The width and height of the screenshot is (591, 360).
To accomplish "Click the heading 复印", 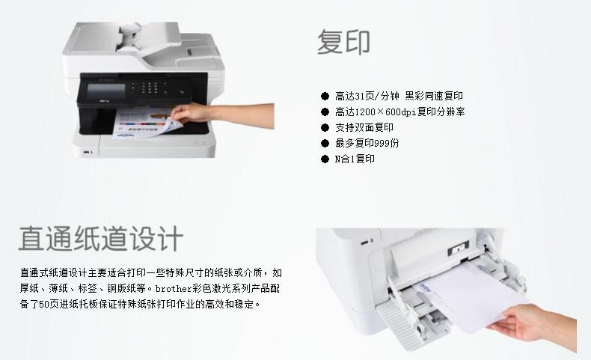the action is pyautogui.click(x=343, y=42).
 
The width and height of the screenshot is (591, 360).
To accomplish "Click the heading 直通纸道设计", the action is pyautogui.click(x=101, y=238).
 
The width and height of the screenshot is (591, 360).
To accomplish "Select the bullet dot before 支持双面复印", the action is pyautogui.click(x=325, y=127).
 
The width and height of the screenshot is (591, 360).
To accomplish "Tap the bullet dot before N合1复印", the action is pyautogui.click(x=325, y=159).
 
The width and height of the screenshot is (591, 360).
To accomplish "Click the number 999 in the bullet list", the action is pyautogui.click(x=382, y=143).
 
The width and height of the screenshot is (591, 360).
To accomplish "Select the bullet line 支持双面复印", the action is pyautogui.click(x=364, y=127).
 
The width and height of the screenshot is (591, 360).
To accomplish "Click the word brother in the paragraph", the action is pyautogui.click(x=174, y=289).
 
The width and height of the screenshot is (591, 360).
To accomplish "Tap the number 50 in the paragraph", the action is pyautogui.click(x=44, y=304).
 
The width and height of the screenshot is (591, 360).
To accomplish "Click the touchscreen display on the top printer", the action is pyautogui.click(x=106, y=91).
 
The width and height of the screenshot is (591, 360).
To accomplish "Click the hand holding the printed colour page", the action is pyautogui.click(x=222, y=115).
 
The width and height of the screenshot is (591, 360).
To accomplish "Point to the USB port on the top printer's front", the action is pyautogui.click(x=87, y=152).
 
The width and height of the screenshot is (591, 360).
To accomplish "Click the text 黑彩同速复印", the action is pyautogui.click(x=434, y=96).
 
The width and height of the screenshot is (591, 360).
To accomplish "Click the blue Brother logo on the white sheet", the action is pyautogui.click(x=425, y=287).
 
